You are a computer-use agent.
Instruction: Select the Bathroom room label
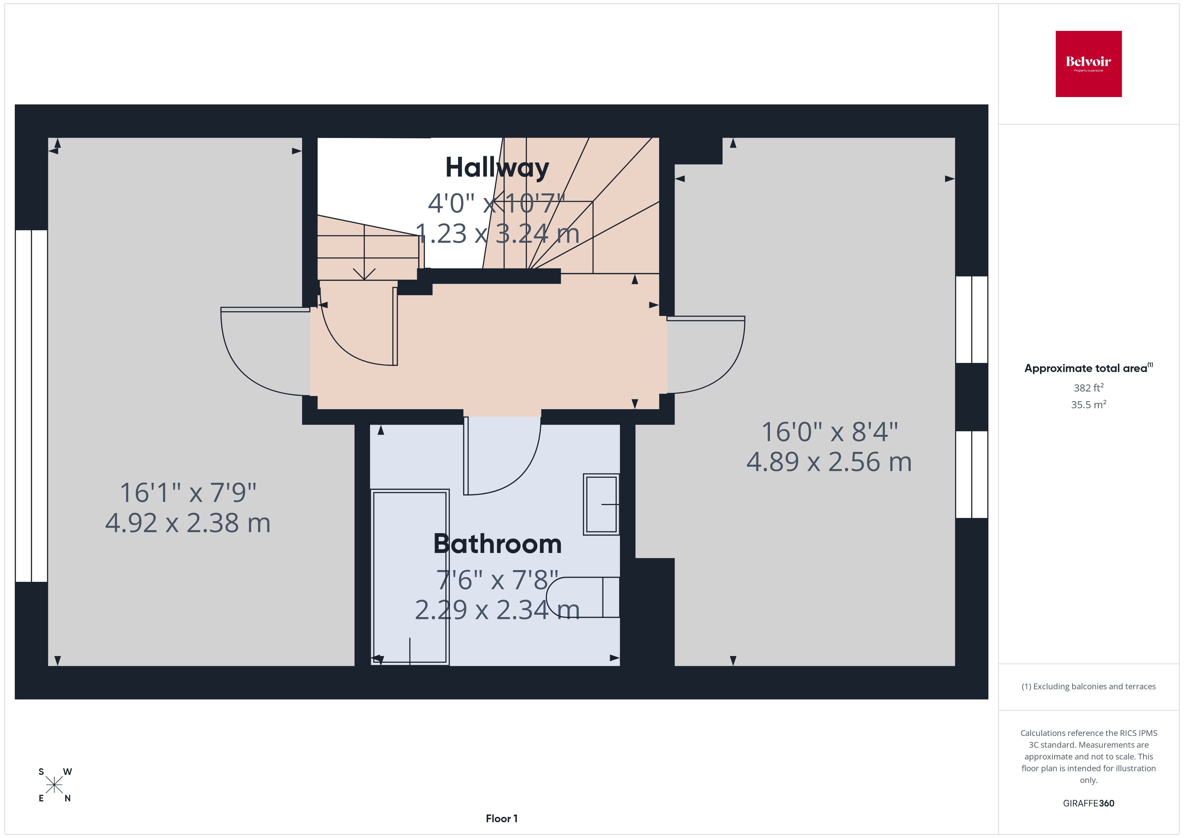(497, 544)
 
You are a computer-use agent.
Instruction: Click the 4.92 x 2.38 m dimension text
(188, 523)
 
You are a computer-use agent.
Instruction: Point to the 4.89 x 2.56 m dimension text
(829, 462)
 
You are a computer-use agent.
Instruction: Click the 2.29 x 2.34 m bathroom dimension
(497, 609)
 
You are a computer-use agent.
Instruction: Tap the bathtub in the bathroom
(410, 576)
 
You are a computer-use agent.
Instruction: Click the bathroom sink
(601, 504)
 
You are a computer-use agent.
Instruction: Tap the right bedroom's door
(711, 356)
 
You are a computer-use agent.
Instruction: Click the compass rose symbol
(54, 785)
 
